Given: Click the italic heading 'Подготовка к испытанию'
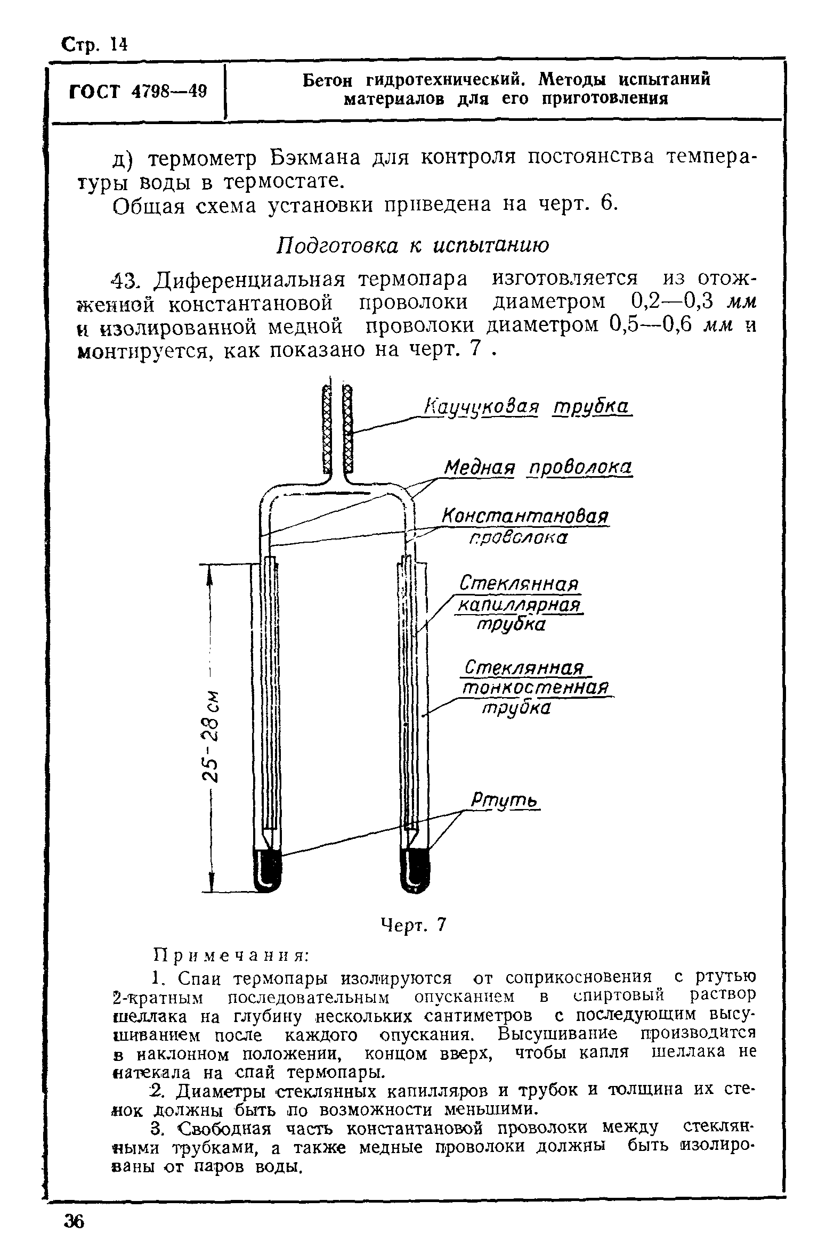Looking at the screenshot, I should pyautogui.click(x=412, y=246).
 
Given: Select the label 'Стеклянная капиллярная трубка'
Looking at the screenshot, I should pyautogui.click(x=518, y=605).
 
